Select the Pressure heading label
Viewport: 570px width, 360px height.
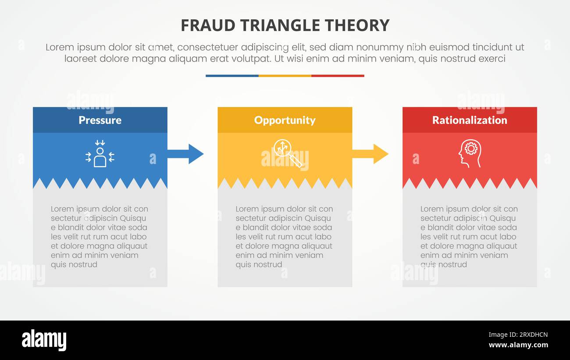click(x=100, y=120)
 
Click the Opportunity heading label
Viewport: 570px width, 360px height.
click(x=285, y=120)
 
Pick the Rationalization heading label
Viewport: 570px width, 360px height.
click(x=470, y=120)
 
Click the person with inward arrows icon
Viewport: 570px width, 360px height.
click(x=100, y=154)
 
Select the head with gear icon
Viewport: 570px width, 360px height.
click(x=470, y=153)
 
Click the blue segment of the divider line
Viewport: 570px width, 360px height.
click(x=232, y=76)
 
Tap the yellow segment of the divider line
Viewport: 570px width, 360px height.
click(x=285, y=76)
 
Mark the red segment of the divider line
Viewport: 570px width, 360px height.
click(x=338, y=76)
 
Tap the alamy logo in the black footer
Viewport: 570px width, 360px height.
click(x=44, y=340)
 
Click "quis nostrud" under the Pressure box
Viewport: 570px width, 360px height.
click(x=74, y=264)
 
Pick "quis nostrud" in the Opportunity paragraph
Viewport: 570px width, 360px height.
click(x=259, y=264)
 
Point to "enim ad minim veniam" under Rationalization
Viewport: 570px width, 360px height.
click(x=464, y=255)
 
